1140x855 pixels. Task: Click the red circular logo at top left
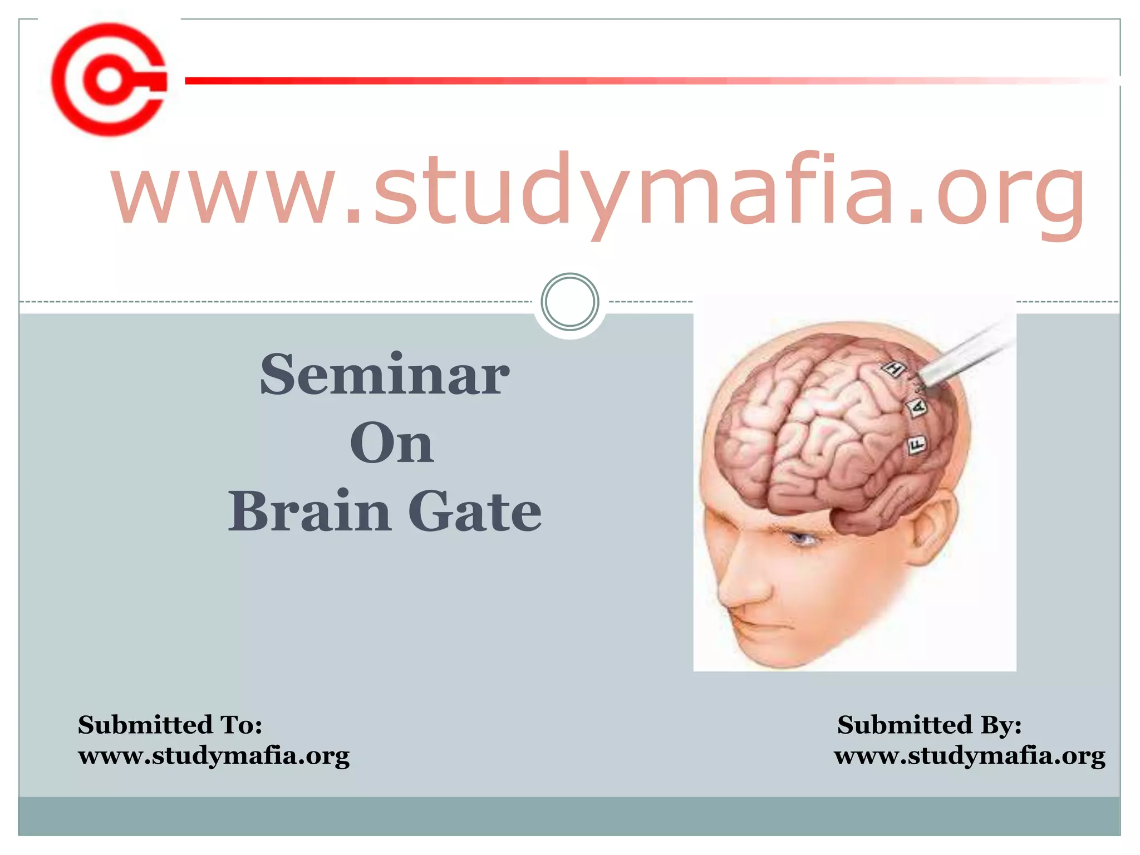tap(109, 80)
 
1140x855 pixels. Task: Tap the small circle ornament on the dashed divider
tap(569, 302)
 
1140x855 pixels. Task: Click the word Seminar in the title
tap(384, 375)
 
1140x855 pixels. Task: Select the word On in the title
tap(392, 444)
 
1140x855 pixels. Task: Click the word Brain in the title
tap(309, 511)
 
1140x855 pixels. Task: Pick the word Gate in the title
tap(475, 511)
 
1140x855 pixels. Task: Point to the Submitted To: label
tap(170, 725)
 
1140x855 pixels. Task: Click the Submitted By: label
tap(929, 725)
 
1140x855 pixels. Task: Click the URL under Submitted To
tap(214, 756)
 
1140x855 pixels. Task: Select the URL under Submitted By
tap(969, 756)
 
